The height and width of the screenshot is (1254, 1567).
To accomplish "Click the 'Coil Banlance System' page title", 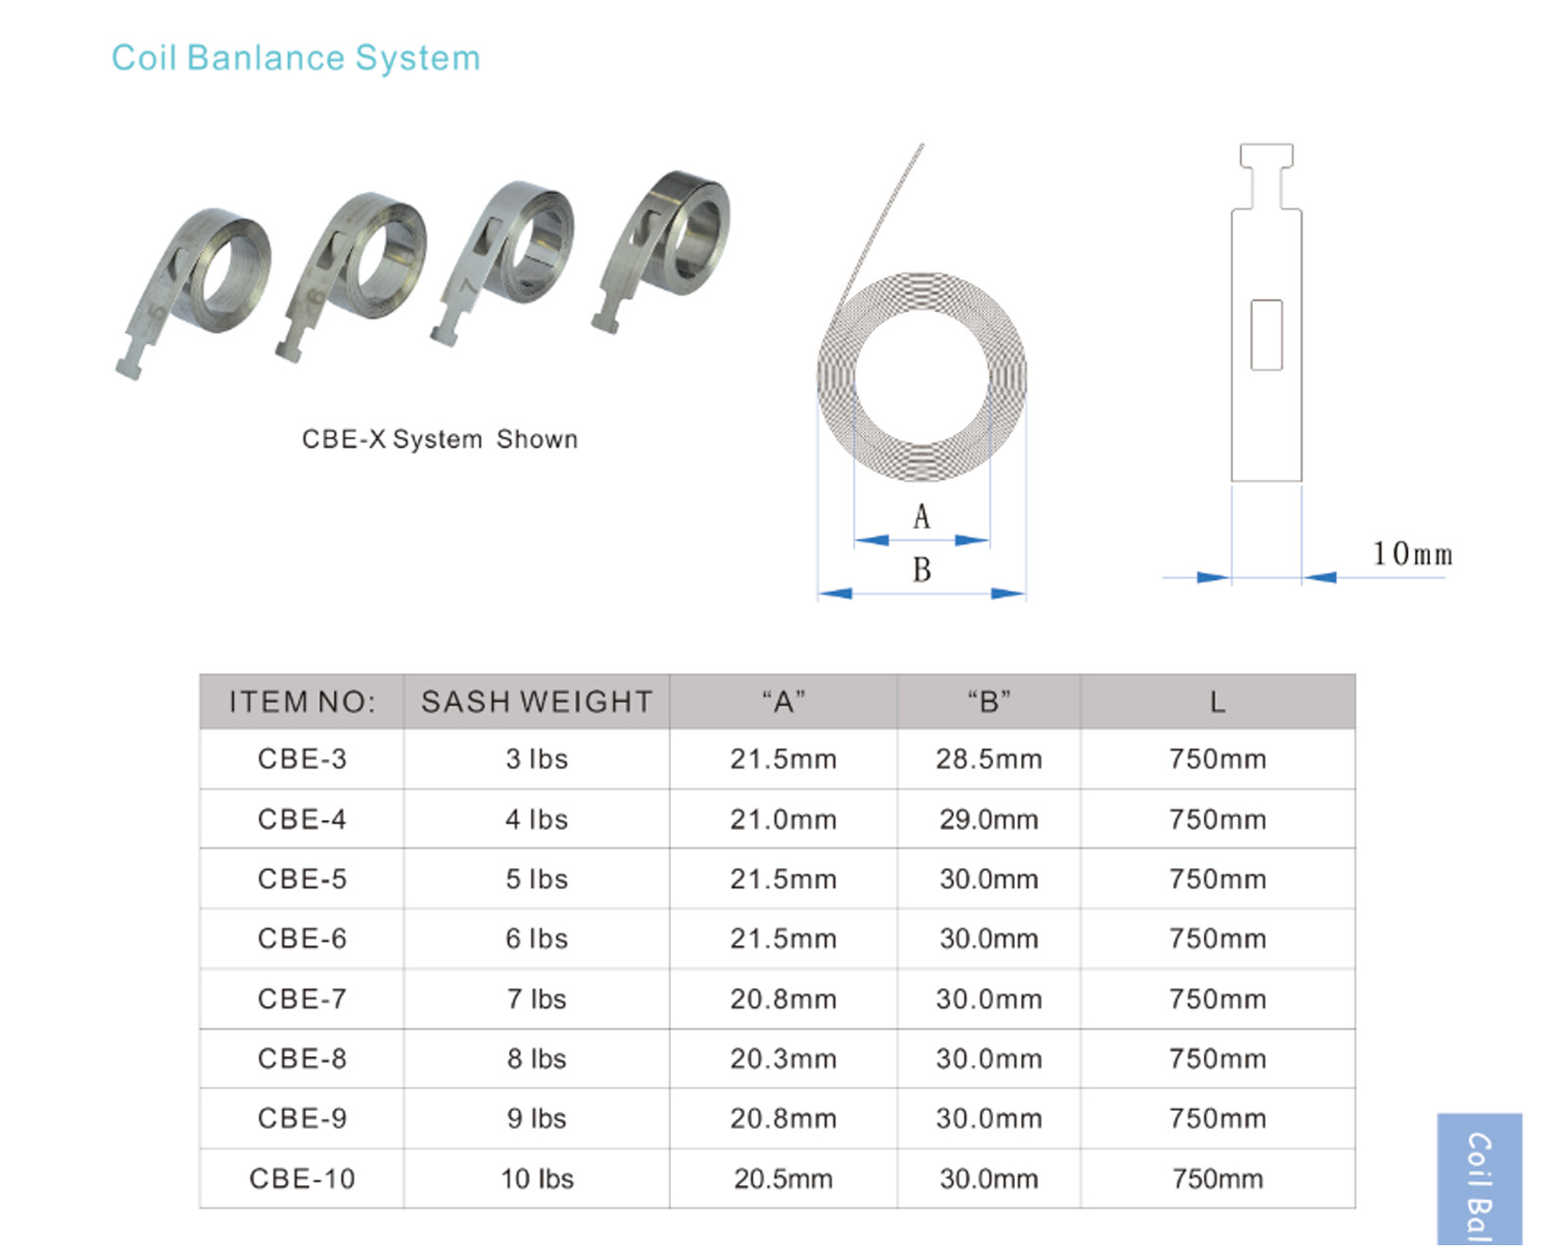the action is pyautogui.click(x=296, y=59).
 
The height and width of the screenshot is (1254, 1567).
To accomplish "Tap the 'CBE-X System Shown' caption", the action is pyautogui.click(x=440, y=439).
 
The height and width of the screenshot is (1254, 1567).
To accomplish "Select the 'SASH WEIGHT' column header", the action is pyautogui.click(x=537, y=701).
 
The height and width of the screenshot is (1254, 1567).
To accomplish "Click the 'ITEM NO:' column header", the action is pyautogui.click(x=303, y=702).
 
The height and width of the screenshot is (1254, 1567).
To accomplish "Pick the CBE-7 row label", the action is pyautogui.click(x=303, y=999).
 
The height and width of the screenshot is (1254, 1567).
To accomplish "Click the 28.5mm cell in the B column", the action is pyautogui.click(x=989, y=759).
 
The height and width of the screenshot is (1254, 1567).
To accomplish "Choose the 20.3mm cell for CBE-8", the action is pyautogui.click(x=783, y=1059).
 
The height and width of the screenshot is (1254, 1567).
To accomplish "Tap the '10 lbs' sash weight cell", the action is pyautogui.click(x=537, y=1179).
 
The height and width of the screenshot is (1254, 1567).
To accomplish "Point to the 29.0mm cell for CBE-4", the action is pyautogui.click(x=989, y=820).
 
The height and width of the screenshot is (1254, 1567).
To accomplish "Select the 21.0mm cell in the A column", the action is pyautogui.click(x=783, y=820).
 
